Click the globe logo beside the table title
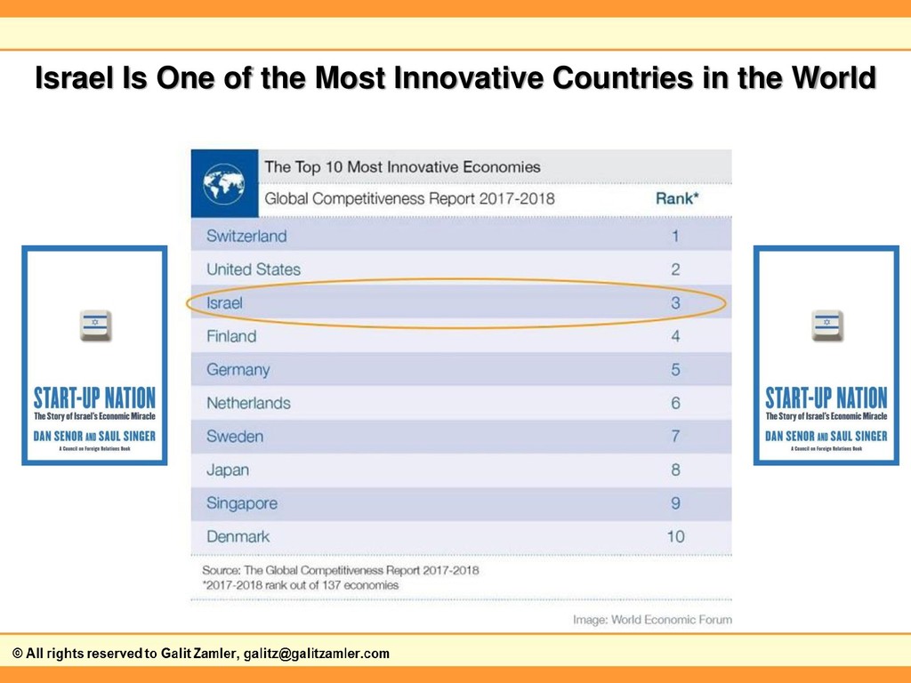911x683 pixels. click(x=223, y=183)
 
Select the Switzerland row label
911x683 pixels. click(x=246, y=236)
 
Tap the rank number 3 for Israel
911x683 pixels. click(x=675, y=303)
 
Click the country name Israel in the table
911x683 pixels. click(x=224, y=303)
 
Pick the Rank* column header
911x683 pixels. click(x=677, y=198)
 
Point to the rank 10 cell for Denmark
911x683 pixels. click(x=675, y=536)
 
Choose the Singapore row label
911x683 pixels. click(x=242, y=503)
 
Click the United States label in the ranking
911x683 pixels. click(x=254, y=269)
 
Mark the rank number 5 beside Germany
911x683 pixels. click(x=675, y=370)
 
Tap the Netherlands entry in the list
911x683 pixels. click(x=248, y=403)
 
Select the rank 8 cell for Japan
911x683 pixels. click(x=675, y=470)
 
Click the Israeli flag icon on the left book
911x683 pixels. click(x=95, y=325)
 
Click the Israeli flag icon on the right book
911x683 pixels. click(x=826, y=325)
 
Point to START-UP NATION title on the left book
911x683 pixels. click(x=94, y=398)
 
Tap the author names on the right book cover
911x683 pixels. click(x=826, y=436)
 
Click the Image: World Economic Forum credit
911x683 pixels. click(x=652, y=620)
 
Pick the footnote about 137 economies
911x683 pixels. click(x=301, y=585)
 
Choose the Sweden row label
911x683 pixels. click(x=235, y=437)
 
